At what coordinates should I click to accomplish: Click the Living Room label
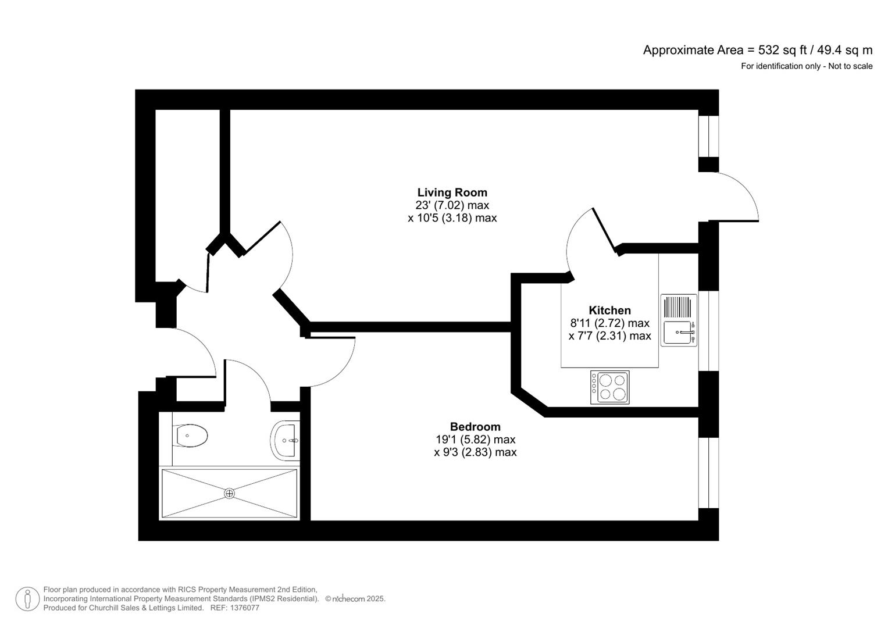coord(452,192)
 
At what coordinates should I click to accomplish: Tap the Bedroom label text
coord(475,427)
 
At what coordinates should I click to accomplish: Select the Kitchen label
coord(609,311)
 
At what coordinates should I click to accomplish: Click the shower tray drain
coord(230,494)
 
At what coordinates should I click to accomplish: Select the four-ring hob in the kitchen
coord(609,387)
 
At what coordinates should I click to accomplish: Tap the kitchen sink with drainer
coord(679,320)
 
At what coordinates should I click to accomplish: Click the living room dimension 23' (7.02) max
coord(452,205)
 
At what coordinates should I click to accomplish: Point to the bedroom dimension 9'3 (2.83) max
coord(475,452)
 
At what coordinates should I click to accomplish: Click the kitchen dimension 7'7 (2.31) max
coord(609,336)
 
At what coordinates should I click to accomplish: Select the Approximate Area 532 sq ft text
coord(757,50)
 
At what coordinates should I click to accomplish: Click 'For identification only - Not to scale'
coord(806,66)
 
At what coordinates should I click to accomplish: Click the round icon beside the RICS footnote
coord(27,599)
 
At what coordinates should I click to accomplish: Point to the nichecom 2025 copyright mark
coord(355,599)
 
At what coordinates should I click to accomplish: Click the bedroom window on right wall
coord(708,472)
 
